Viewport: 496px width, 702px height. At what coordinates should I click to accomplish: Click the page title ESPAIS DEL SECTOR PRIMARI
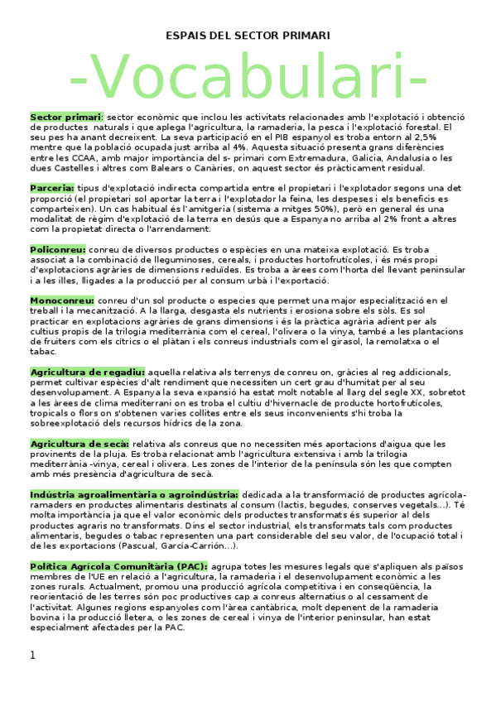pyautogui.click(x=248, y=36)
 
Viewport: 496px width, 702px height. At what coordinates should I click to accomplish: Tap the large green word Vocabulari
pyautogui.click(x=248, y=77)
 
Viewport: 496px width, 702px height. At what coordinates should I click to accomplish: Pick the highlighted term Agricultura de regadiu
pyautogui.click(x=88, y=371)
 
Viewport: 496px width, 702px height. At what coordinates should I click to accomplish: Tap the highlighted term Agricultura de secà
pyautogui.click(x=79, y=443)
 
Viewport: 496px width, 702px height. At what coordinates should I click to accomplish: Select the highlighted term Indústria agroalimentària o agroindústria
pyautogui.click(x=134, y=494)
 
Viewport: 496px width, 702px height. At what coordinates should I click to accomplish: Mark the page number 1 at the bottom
pyautogui.click(x=33, y=655)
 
